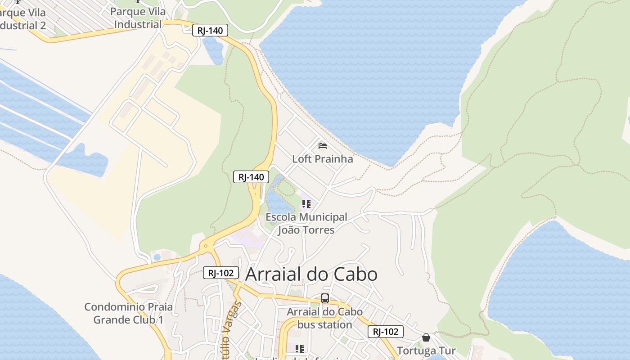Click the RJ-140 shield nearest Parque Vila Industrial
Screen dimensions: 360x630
click(x=210, y=31)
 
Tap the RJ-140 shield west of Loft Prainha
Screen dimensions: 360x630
click(x=251, y=177)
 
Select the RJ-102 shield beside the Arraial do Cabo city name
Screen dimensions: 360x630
click(x=220, y=273)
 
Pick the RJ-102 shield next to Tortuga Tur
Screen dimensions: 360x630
click(x=386, y=332)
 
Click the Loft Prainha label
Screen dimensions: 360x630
click(x=323, y=159)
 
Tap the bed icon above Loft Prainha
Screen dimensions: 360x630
click(x=323, y=145)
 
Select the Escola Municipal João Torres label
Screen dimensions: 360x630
click(x=306, y=224)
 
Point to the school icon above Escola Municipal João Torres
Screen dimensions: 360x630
click(x=306, y=204)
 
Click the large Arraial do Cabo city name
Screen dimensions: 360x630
click(x=311, y=274)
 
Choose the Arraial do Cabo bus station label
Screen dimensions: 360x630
click(x=325, y=318)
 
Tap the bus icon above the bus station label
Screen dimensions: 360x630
click(x=325, y=298)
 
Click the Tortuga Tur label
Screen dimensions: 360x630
click(x=426, y=351)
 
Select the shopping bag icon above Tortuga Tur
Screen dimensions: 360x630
click(x=426, y=337)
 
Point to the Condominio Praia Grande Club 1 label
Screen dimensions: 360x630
click(x=129, y=314)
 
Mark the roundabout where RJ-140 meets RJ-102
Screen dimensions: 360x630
click(x=206, y=246)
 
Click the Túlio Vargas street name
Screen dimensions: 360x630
click(x=231, y=331)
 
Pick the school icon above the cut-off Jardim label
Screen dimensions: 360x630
click(x=300, y=348)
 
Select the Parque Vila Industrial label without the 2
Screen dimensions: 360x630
click(x=138, y=18)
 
